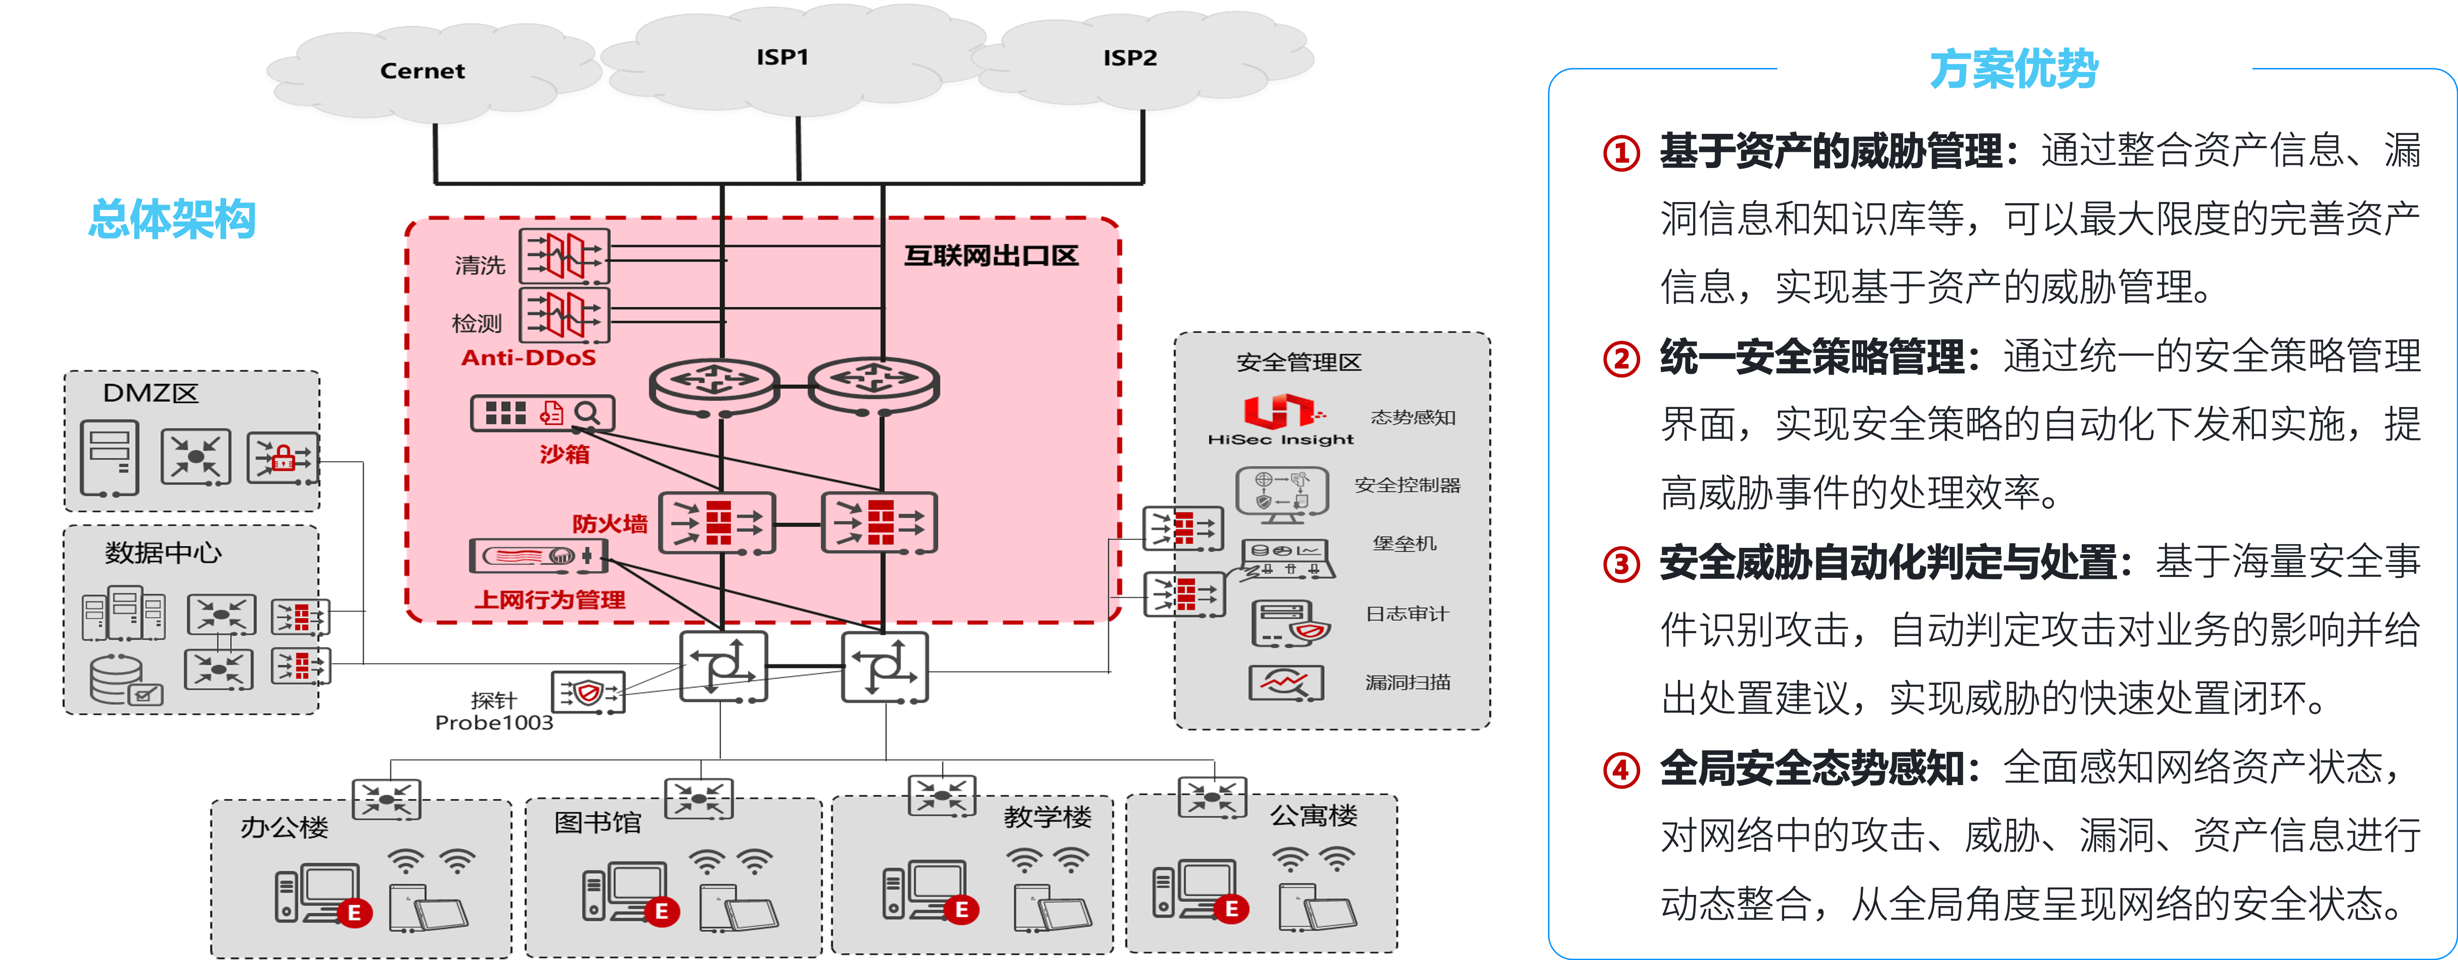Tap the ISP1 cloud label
click(x=782, y=57)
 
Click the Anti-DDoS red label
click(x=529, y=358)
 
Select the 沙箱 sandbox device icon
click(x=542, y=413)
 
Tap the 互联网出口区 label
click(x=991, y=256)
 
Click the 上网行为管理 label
click(x=550, y=599)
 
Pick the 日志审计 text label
click(x=1406, y=613)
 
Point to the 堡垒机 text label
click(x=1404, y=543)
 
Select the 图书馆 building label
click(x=597, y=822)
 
